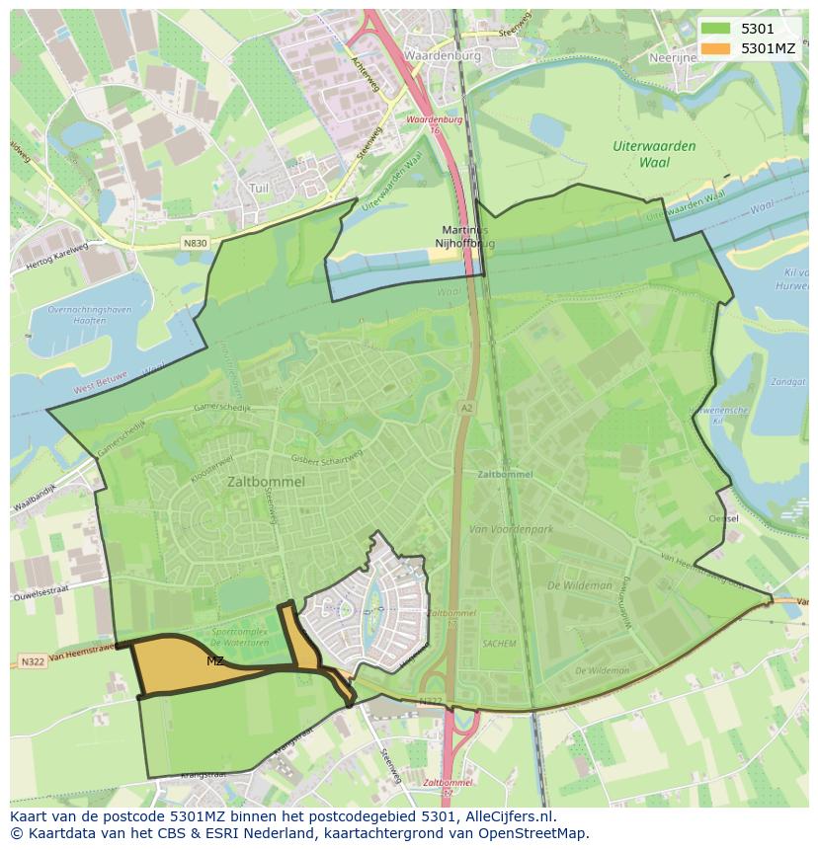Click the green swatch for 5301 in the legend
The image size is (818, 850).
point(717,29)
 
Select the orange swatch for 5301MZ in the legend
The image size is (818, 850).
point(717,47)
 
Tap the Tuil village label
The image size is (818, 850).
point(259,188)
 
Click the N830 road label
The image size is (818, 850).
point(195,242)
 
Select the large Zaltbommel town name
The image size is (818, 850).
point(266,482)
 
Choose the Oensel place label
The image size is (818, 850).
point(723,518)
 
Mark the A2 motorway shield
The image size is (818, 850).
point(465,407)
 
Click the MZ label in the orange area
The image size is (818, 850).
point(214,660)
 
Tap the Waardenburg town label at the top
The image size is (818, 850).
point(442,56)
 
